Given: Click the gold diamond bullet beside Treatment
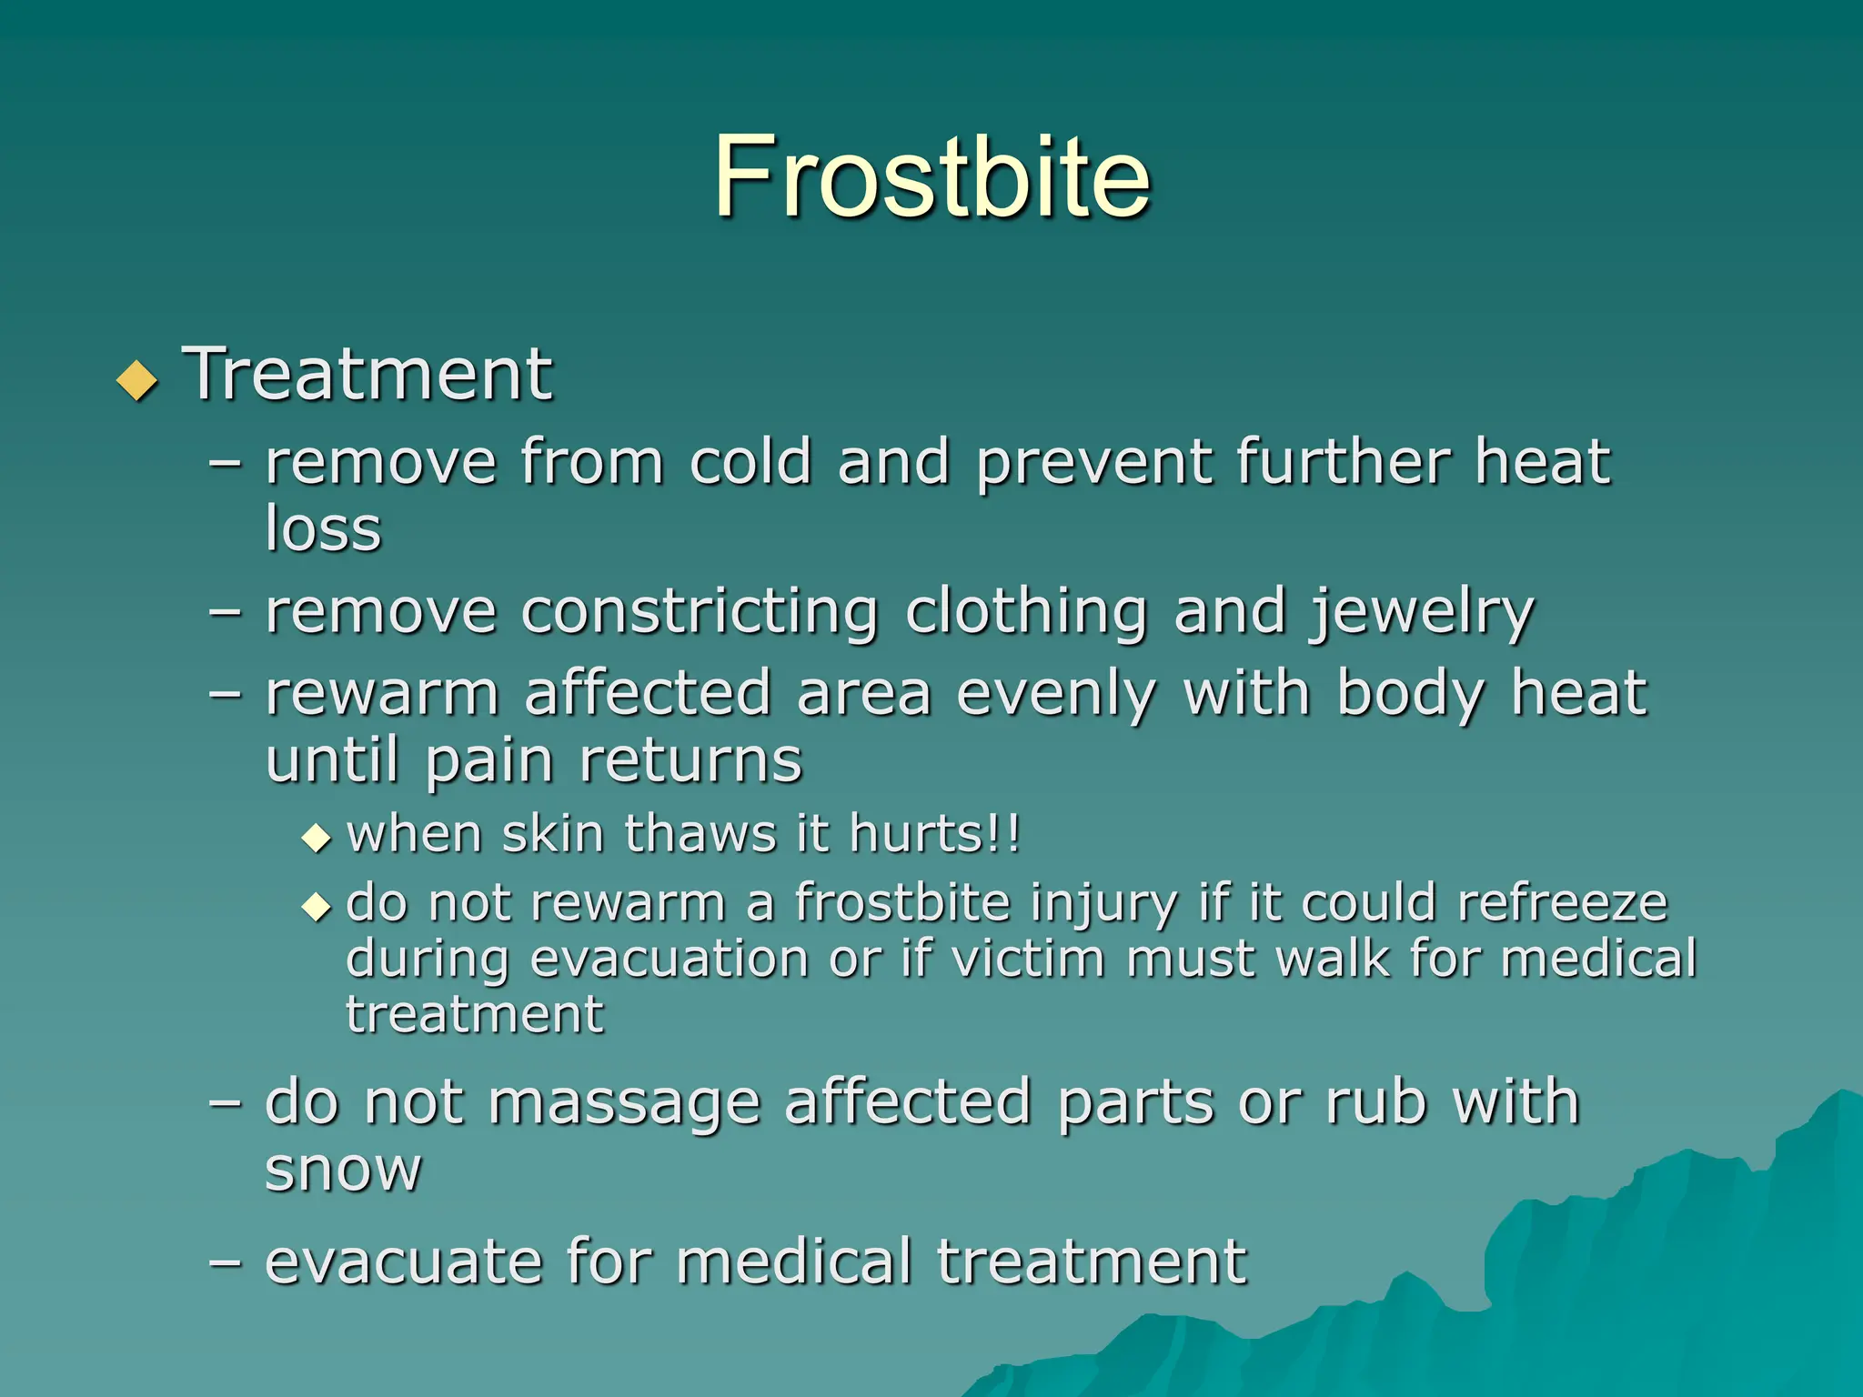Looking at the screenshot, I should tap(137, 380).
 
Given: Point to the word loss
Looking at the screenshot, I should tap(323, 528).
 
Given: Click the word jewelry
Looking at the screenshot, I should tap(1421, 613).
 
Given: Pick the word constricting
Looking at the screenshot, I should tap(700, 613).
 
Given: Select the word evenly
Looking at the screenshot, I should tap(1056, 695).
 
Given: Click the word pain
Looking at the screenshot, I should tap(488, 762).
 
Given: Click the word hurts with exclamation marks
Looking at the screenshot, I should tap(934, 834).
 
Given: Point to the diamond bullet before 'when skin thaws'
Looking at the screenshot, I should tap(316, 837).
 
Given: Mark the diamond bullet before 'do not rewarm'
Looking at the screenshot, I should tap(316, 906).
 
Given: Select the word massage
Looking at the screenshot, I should tap(624, 1102).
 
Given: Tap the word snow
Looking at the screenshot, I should tap(343, 1170).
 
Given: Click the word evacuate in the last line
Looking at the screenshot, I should tap(403, 1262).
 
